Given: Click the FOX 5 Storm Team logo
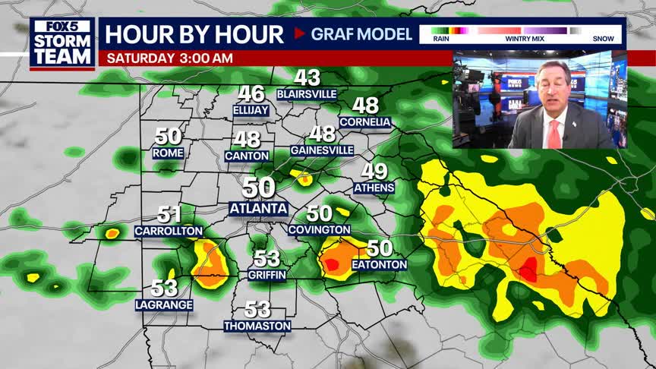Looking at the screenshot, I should [x=63, y=43].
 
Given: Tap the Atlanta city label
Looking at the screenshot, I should [x=258, y=208].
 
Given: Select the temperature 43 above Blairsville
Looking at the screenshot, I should [x=307, y=77].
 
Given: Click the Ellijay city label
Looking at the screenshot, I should [x=251, y=110].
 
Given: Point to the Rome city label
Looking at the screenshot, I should [x=168, y=153].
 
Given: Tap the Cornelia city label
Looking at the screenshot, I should [x=365, y=121].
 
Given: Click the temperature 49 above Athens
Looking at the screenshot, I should [x=374, y=172].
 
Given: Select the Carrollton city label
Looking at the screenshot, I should [x=169, y=231].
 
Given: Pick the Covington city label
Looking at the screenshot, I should [x=320, y=229].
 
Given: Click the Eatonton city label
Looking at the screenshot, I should [x=380, y=264].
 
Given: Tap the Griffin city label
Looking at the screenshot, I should [x=266, y=274].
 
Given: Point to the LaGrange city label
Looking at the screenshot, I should [x=164, y=304].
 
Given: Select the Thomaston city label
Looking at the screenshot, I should [x=257, y=326].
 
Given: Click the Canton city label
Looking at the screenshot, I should [x=247, y=156].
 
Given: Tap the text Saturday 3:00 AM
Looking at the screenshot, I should [x=170, y=58].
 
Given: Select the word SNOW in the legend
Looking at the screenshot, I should [x=604, y=38].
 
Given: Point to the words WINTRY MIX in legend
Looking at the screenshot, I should [x=517, y=38].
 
